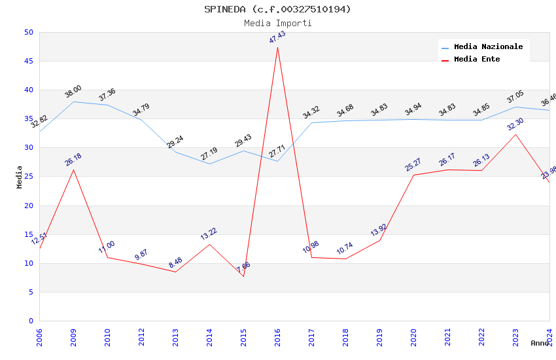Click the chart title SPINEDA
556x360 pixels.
tap(277, 9)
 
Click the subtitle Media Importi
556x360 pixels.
tap(277, 23)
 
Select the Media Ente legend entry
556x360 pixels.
tap(477, 60)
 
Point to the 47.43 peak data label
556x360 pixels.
tap(277, 37)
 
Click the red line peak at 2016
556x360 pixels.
tap(277, 47)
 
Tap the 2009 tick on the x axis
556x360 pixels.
tap(73, 336)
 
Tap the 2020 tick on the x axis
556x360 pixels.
tap(413, 336)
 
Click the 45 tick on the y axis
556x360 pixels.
tap(29, 62)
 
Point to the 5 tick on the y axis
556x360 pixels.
tap(31, 293)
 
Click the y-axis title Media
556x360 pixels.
tap(20, 177)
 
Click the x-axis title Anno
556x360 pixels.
tap(540, 343)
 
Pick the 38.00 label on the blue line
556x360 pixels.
tap(73, 92)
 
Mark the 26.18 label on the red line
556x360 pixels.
tap(73, 160)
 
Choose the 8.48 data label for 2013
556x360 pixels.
tap(175, 263)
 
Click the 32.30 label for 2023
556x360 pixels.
tap(515, 124)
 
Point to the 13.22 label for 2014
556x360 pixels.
tap(209, 234)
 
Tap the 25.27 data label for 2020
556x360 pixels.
tap(413, 165)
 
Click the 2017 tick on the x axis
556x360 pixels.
tap(311, 336)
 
